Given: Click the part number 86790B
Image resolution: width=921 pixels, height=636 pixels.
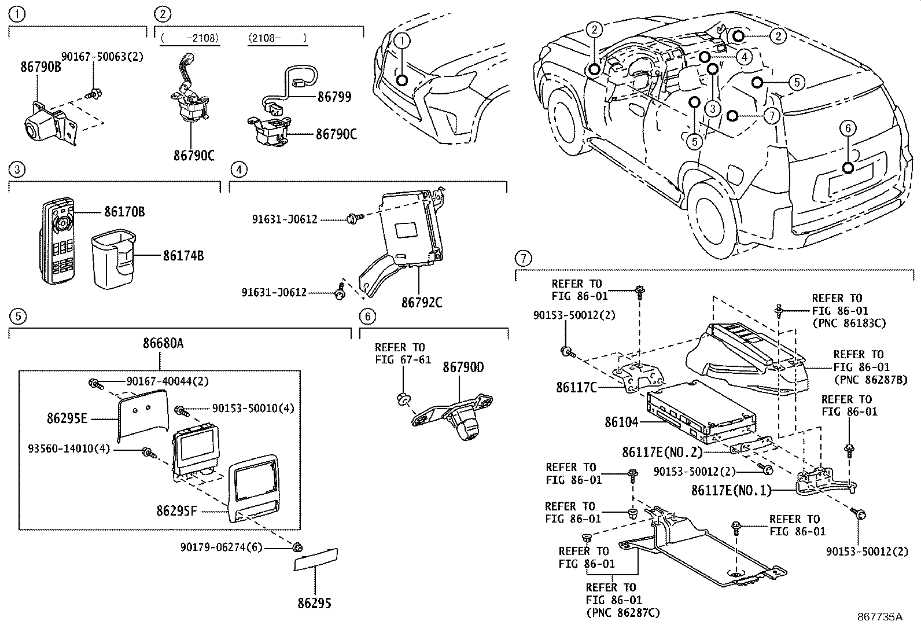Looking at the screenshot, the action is pos(40,67).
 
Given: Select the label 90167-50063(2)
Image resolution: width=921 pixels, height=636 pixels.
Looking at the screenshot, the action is pos(102,56).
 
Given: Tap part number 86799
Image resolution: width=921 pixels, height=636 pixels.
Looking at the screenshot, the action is pos(334,97).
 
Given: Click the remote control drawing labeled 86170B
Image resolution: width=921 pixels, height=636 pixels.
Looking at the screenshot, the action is pos(58,241).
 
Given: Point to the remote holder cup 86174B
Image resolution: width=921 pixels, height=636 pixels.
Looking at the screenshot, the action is pos(113,260).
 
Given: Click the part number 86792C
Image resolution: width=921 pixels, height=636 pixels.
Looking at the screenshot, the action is pos(422,303).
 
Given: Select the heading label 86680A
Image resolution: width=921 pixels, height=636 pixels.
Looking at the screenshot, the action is pos(163,343).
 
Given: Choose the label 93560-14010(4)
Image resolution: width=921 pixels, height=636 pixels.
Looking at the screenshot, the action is pos(69,448).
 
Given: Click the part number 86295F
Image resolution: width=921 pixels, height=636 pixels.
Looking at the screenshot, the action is pos(177,511).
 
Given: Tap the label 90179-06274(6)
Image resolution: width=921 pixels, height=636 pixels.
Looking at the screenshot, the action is pos(221,547).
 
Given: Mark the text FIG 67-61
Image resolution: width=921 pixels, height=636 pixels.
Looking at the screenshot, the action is pos(403,359).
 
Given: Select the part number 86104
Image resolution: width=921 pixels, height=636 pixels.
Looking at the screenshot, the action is pos(621,422).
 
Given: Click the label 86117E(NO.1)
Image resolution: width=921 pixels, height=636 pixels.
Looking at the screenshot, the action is pos(731,490).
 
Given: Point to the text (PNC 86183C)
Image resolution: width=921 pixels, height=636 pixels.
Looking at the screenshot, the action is pos(849,323).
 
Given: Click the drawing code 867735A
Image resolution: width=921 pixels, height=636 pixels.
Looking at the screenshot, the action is pos(880,617).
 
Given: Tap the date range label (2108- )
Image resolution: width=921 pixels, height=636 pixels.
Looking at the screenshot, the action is pos(278,38).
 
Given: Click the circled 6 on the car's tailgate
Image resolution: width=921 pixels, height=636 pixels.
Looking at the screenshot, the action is pos(848,128).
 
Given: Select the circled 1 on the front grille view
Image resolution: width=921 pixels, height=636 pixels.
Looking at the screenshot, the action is pos(402,41).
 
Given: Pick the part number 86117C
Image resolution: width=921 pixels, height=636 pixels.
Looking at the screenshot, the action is pos(576,388).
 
